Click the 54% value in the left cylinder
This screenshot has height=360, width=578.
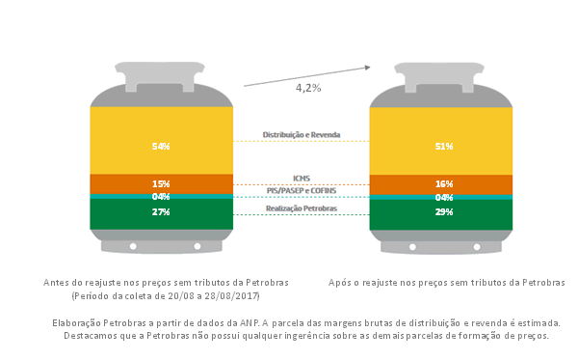tap(161, 147)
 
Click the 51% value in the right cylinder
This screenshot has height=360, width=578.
tap(444, 147)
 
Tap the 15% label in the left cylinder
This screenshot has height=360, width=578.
tap(161, 184)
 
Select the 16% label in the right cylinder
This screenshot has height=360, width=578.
tap(444, 184)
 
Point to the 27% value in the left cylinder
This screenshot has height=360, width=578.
tap(161, 212)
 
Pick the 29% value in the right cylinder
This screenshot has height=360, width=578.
tap(444, 212)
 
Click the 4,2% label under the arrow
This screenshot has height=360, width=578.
tap(308, 88)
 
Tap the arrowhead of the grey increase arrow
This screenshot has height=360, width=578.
tap(368, 68)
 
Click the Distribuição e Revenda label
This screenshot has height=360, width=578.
tap(302, 135)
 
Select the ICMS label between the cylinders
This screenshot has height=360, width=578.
tap(302, 179)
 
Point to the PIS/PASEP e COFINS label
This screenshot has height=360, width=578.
tap(302, 191)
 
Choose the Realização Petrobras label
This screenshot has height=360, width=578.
tap(302, 208)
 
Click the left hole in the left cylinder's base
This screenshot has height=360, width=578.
tap(133, 246)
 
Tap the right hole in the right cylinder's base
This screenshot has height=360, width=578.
tap(477, 247)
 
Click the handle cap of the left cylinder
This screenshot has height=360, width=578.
tap(160, 76)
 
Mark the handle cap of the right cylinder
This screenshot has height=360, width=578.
tap(439, 77)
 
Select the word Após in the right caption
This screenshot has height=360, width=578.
tap(339, 283)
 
